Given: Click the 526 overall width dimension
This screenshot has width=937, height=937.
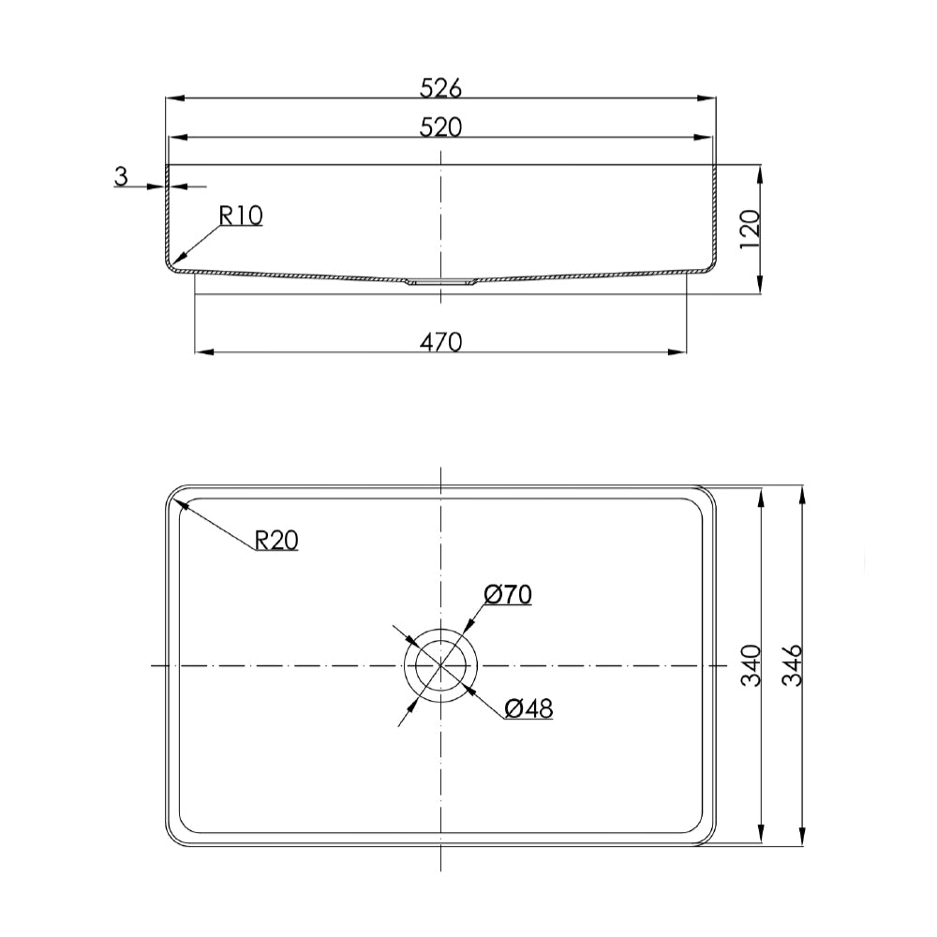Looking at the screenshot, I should point(440,87).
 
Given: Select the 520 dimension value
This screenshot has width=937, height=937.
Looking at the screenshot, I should point(440,127).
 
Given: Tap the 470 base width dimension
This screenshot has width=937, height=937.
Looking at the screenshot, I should point(440,342).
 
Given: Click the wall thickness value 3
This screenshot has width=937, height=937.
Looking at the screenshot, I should point(120,175).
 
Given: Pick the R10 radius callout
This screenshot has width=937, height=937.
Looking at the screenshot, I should point(241,216).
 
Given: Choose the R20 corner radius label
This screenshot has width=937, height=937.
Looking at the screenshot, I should point(276,539).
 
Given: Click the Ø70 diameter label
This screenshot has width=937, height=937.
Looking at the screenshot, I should point(508,594).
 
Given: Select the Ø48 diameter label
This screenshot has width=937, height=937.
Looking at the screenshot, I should point(528,708).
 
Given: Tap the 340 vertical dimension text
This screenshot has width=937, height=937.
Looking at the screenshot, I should point(751,665).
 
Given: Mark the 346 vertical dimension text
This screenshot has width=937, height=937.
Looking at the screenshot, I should point(793,665).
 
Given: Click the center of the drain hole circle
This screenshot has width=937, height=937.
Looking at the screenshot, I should point(440,665).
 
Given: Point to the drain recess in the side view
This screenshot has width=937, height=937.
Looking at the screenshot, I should point(440,280).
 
